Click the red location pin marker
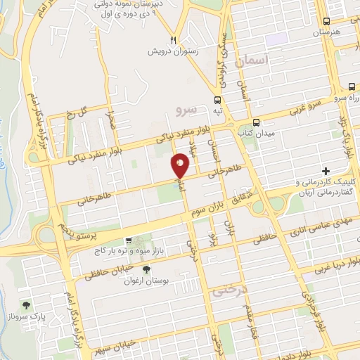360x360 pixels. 181,166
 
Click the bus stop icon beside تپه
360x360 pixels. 218,99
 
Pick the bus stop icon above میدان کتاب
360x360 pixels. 257,121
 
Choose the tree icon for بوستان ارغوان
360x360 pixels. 146,270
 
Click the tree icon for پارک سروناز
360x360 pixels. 27,305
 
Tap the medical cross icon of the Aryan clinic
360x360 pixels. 326,171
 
